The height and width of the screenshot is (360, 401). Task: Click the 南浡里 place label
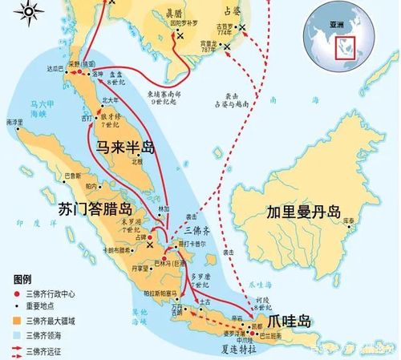click(14, 122)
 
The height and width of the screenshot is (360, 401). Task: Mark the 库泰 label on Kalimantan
click(348, 219)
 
